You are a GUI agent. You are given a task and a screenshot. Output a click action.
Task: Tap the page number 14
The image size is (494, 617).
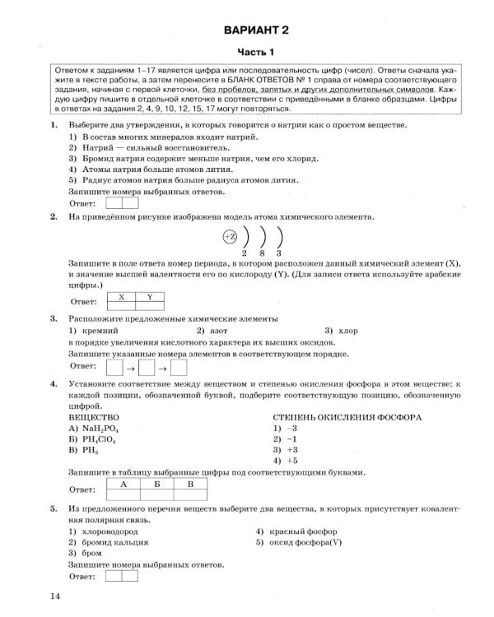pyautogui.click(x=54, y=596)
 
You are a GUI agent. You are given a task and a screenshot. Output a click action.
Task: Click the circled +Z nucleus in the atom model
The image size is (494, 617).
pyautogui.click(x=230, y=237)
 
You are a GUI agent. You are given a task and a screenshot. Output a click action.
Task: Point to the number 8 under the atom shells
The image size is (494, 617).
pyautogui.click(x=263, y=253)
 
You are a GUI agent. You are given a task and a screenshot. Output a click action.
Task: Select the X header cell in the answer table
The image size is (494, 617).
pyautogui.click(x=121, y=296)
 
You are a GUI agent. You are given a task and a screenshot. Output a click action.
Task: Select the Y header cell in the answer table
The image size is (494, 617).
pyautogui.click(x=149, y=296)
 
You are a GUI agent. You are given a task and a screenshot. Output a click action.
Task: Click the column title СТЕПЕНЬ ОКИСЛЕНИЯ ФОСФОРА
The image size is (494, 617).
pyautogui.click(x=347, y=417)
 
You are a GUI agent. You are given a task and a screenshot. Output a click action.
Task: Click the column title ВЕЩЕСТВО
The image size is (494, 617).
pyautogui.click(x=94, y=417)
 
